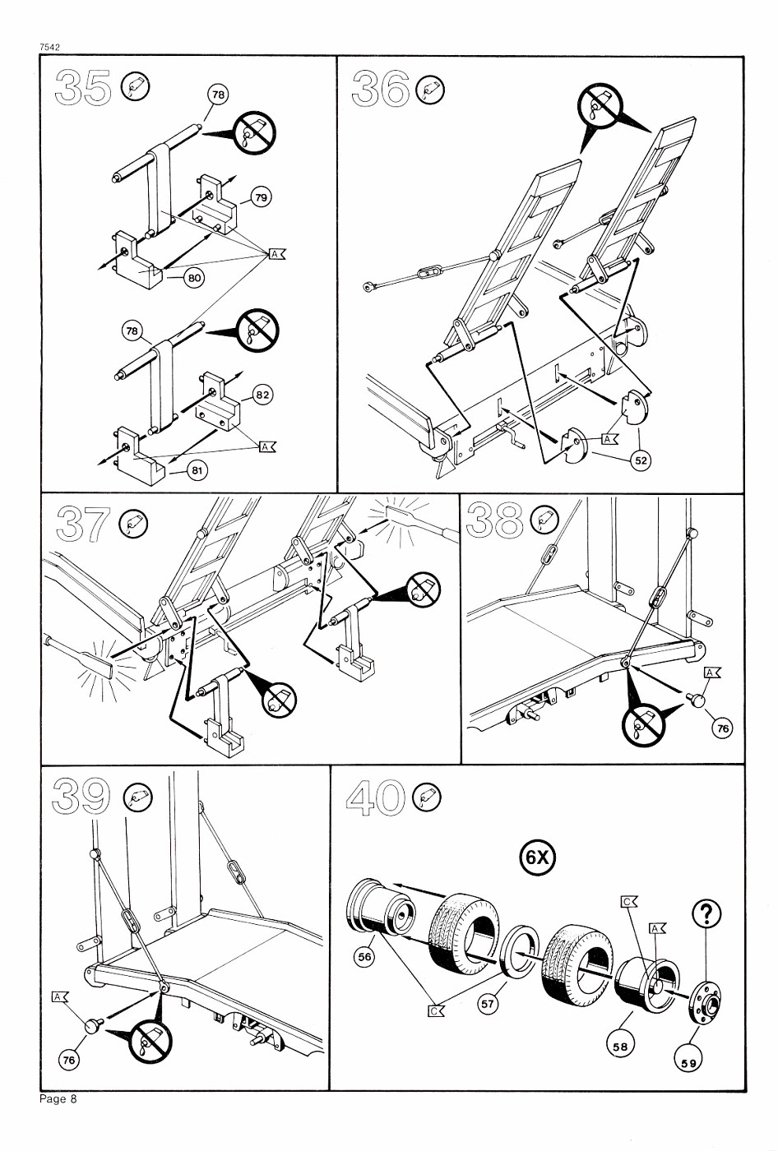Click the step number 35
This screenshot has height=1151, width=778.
coord(83,89)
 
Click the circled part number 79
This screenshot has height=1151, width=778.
coord(261,197)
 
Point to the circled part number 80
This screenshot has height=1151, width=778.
coord(194,278)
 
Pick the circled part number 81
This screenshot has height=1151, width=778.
coord(197,470)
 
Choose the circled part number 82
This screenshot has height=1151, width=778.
coord(262,395)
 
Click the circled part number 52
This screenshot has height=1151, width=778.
coord(641,460)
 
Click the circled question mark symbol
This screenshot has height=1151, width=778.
coord(707,913)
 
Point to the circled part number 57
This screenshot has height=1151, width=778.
coord(489,1003)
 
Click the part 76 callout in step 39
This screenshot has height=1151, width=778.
coord(69,1060)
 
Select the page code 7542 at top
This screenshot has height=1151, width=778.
coord(51,48)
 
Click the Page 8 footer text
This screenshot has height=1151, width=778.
coord(58,1099)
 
